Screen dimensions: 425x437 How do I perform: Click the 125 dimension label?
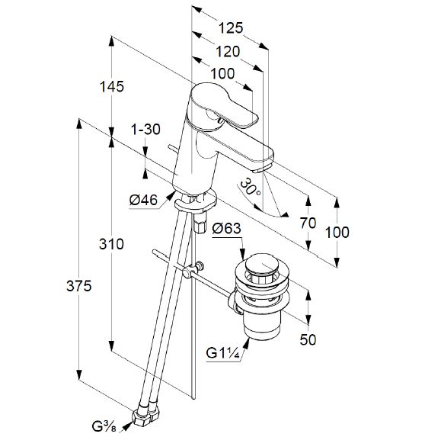(x=231, y=28)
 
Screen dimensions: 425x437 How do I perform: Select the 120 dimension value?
(x=228, y=52)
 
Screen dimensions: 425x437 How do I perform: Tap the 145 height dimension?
(x=112, y=87)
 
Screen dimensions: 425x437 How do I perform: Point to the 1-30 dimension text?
(x=145, y=130)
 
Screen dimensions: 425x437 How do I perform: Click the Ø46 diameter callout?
(x=144, y=200)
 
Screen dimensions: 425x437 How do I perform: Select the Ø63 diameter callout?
(x=226, y=229)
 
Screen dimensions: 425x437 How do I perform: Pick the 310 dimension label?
(x=111, y=244)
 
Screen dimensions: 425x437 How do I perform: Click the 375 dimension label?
(x=78, y=286)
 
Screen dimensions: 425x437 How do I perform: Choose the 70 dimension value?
(x=308, y=223)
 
